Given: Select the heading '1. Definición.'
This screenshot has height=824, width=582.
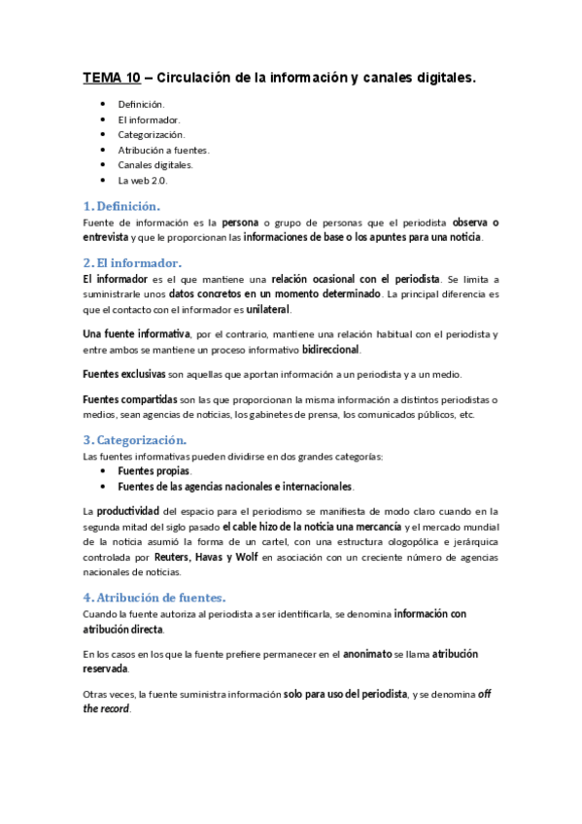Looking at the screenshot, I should (122, 206).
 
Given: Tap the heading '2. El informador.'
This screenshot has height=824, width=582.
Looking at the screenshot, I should (132, 263).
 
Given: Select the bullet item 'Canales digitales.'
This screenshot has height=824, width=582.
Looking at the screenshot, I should (155, 165).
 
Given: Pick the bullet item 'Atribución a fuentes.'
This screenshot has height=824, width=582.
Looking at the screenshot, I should (163, 150).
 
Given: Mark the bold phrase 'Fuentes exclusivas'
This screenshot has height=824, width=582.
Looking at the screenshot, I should (124, 374).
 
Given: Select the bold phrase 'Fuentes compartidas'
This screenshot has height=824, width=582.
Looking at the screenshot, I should (129, 399).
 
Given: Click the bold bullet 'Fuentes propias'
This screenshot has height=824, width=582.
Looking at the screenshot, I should (154, 470).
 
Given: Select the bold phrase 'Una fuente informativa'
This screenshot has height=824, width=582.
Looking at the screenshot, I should (136, 334).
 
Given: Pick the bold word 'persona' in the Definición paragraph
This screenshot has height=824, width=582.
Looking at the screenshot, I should (241, 222).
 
